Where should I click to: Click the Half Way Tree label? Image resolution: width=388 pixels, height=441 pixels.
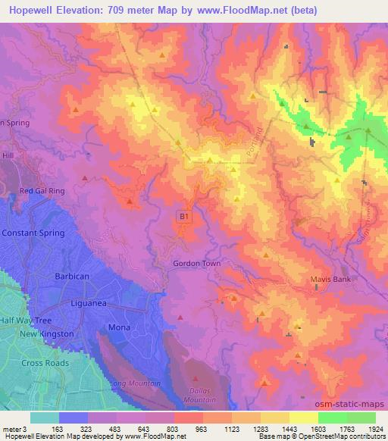point(27,320)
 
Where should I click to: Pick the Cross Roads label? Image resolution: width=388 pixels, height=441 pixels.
point(45,363)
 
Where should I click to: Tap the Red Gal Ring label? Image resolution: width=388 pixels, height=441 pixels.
point(42,192)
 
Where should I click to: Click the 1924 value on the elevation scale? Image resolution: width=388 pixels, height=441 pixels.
point(376,428)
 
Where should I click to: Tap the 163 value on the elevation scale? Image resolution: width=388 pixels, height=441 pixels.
point(58,428)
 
